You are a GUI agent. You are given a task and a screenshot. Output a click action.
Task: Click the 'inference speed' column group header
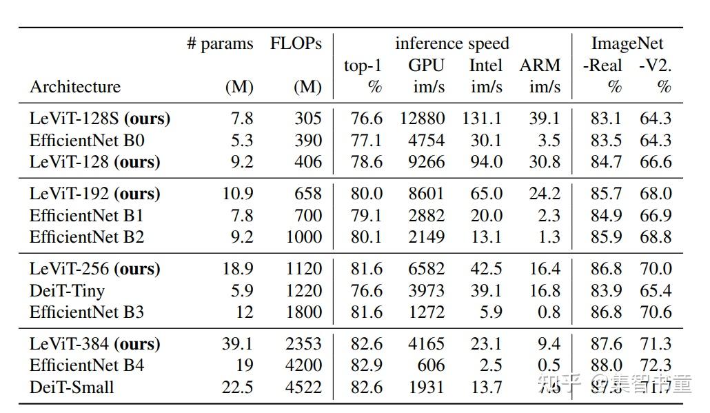[x=452, y=43]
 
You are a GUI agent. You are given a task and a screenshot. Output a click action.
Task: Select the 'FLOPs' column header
[x=296, y=43]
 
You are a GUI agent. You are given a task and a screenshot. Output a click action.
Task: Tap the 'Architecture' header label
[x=74, y=87]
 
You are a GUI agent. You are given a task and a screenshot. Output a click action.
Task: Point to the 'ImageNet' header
[x=627, y=43]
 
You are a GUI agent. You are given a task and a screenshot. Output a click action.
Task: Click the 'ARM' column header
[x=540, y=66]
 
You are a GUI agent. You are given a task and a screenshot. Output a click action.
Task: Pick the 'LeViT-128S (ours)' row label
[x=99, y=119]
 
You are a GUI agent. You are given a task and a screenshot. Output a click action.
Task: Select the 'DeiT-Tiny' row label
[x=67, y=290]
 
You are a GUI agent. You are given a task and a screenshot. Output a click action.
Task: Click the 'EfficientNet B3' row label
[x=86, y=312]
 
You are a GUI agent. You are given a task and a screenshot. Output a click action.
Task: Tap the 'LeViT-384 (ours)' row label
[x=94, y=343]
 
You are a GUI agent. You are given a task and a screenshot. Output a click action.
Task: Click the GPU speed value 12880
[x=422, y=119]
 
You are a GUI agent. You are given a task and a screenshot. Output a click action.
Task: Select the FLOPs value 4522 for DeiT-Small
[x=304, y=387]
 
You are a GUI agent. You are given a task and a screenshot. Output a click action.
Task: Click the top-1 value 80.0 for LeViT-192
[x=366, y=194]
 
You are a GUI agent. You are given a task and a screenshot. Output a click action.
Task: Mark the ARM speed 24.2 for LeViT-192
[x=545, y=194]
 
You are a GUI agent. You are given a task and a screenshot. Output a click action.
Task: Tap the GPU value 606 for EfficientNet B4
[x=430, y=365]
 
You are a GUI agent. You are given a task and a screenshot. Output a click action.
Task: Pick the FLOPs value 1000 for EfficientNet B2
[x=304, y=237]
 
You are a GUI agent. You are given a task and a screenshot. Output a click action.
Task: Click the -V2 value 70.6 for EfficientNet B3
[x=655, y=312]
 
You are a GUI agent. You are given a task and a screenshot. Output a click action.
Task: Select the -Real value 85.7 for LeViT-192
[x=606, y=194]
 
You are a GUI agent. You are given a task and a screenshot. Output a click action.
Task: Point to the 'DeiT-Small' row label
[x=71, y=387]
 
